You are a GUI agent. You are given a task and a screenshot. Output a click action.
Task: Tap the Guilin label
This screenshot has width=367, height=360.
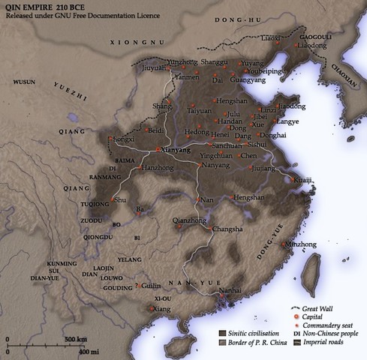[x=152, y=286]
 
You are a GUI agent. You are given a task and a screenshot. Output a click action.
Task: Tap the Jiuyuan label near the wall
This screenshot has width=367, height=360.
[x=153, y=66]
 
